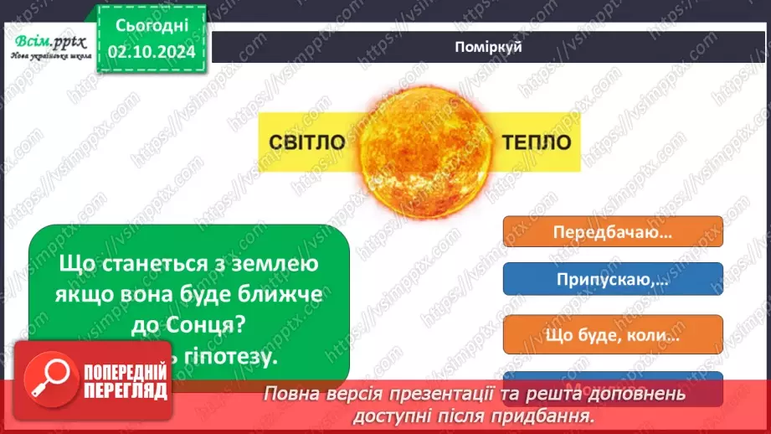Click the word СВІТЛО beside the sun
point(307,142)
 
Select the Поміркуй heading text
point(490,47)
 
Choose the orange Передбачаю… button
point(613,233)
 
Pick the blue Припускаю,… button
point(613,279)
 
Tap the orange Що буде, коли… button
point(613,335)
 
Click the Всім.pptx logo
point(44,41)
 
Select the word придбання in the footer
point(558,414)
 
